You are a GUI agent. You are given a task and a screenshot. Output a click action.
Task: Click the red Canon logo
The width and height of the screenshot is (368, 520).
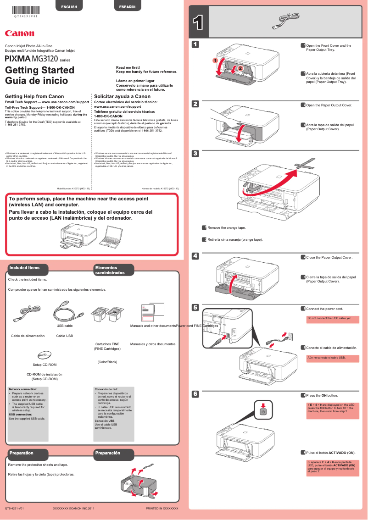coord(19,33)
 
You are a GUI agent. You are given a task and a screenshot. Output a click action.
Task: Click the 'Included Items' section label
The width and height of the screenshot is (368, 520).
coord(25,268)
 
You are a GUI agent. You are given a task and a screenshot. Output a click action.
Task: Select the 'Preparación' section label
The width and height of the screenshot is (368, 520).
coord(107,453)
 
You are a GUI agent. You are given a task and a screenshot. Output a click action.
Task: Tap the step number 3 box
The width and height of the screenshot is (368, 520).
coord(195,153)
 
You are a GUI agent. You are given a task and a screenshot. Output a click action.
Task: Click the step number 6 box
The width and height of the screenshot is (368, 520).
coord(195,394)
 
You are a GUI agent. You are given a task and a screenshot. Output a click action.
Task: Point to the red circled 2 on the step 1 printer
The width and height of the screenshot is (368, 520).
coord(240,68)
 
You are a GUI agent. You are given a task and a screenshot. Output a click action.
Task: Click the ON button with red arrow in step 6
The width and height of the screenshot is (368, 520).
coord(262,411)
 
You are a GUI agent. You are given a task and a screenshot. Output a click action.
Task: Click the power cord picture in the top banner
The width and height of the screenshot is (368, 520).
coord(283,21)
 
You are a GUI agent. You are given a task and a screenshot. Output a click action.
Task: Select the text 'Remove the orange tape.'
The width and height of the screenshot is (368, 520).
coord(226,227)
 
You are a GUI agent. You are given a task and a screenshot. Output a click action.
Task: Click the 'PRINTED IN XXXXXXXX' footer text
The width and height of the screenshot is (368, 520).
coord(162,509)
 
